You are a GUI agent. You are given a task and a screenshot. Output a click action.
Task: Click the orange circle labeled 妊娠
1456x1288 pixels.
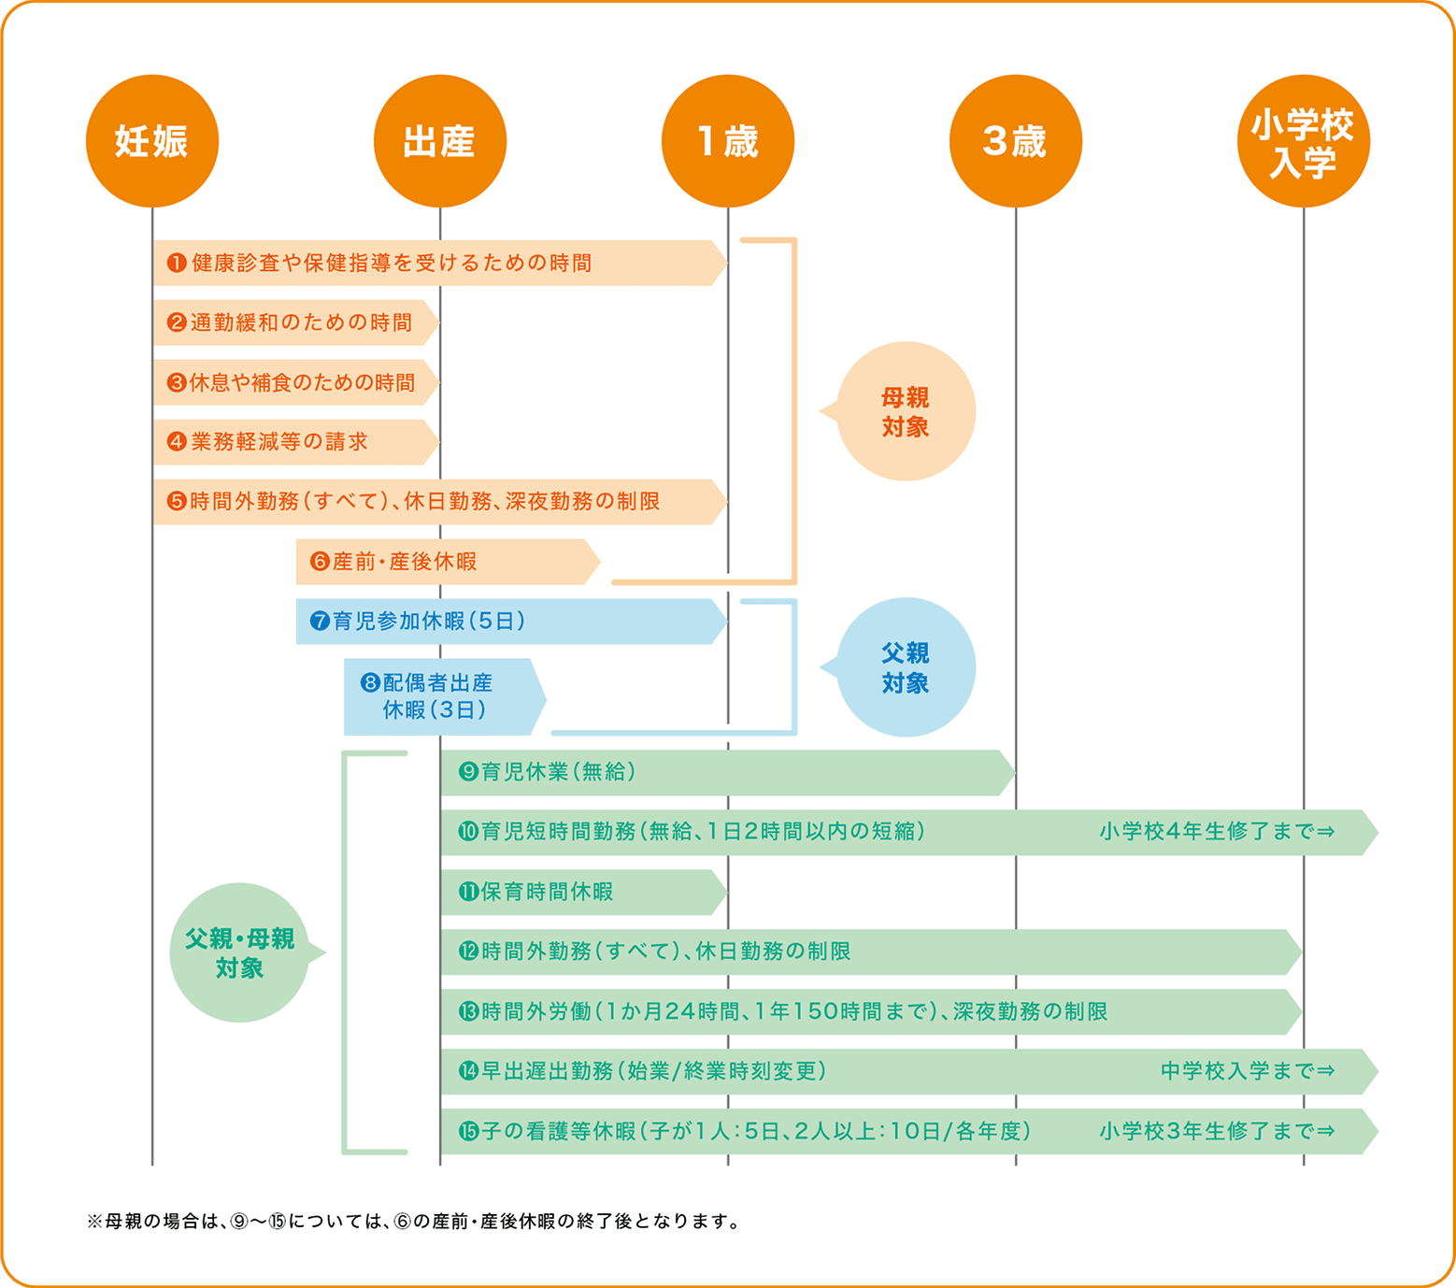coord(152,141)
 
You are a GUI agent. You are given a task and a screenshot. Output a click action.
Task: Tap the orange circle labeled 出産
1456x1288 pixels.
coord(439,141)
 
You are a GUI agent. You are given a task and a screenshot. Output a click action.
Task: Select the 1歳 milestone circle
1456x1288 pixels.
coord(727,141)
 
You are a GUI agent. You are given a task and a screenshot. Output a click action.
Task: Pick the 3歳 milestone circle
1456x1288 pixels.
coord(1015,141)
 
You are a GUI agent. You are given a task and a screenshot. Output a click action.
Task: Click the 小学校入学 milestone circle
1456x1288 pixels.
coord(1303,141)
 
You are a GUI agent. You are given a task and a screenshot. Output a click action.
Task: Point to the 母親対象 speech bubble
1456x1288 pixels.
coord(905,412)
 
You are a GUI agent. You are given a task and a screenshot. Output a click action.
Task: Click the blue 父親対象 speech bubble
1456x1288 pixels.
coord(905,667)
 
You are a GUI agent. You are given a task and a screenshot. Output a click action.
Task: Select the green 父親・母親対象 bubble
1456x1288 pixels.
coord(239,952)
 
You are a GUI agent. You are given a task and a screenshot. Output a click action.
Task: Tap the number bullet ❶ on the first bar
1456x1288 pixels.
coord(177,263)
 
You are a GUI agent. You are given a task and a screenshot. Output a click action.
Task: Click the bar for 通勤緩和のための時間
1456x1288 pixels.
coord(294,322)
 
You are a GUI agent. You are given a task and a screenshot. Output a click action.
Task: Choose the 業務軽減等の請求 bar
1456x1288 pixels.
coord(294,442)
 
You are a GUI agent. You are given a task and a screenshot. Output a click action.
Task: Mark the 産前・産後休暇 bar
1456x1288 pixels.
coord(444,562)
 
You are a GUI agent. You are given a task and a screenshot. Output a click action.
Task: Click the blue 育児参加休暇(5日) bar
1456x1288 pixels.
coord(509,622)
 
